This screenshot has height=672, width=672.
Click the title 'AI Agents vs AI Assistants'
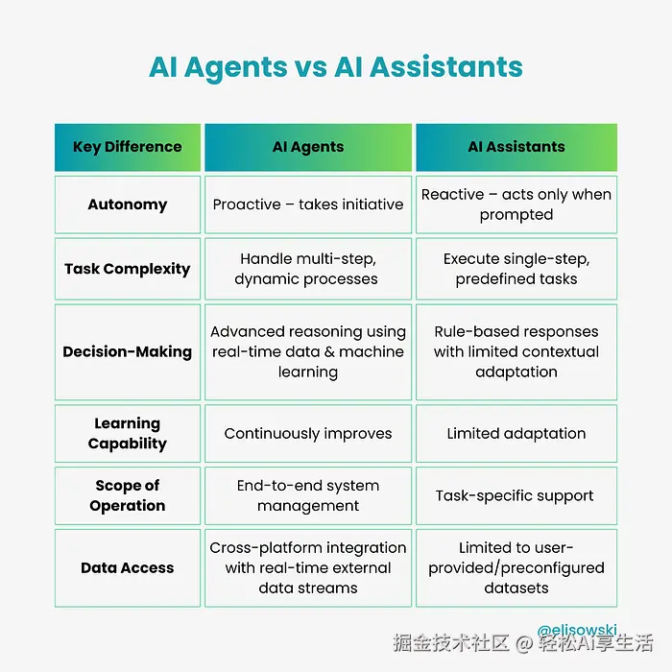coord(336,67)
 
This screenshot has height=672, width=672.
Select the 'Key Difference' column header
coord(127,147)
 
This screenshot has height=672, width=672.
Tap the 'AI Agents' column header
coord(308,147)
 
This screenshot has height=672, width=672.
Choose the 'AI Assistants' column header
coord(516,147)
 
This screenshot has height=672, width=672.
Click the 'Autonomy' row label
coord(127,204)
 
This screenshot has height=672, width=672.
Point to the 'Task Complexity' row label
coord(127,269)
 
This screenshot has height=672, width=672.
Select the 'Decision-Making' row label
coord(127,351)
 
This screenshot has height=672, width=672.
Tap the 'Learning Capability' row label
coord(127,433)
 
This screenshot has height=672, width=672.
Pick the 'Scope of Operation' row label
coord(127,495)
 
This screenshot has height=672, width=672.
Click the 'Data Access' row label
coord(127,567)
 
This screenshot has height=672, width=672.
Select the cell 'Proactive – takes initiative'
coord(308,204)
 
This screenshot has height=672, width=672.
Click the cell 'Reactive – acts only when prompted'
coord(516,204)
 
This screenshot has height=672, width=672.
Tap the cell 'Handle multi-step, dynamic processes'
coord(308,269)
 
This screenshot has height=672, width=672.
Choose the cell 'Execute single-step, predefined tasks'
coord(516,269)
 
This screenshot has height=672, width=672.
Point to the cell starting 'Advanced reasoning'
coord(308,351)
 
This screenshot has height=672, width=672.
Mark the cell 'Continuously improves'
coord(308,433)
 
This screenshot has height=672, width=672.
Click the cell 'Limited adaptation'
coord(516,433)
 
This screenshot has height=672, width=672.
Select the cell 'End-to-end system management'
coord(308,495)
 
